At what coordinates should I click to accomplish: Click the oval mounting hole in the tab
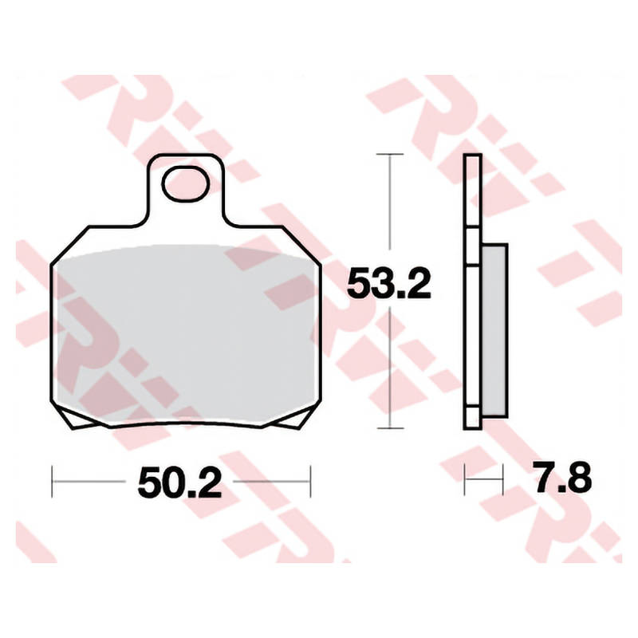point(186,183)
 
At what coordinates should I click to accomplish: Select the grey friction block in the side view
point(494,330)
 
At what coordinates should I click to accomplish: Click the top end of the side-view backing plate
point(472,158)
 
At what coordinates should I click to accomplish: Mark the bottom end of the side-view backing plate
point(472,426)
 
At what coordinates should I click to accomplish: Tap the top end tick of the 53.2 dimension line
point(389,154)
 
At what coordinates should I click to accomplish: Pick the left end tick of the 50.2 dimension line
point(52,482)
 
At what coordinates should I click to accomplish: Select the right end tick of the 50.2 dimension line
point(310,482)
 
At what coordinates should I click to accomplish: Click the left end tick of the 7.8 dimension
point(465,481)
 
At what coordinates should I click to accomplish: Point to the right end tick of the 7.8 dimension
point(504,481)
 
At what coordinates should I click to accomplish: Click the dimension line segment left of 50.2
point(88,482)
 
